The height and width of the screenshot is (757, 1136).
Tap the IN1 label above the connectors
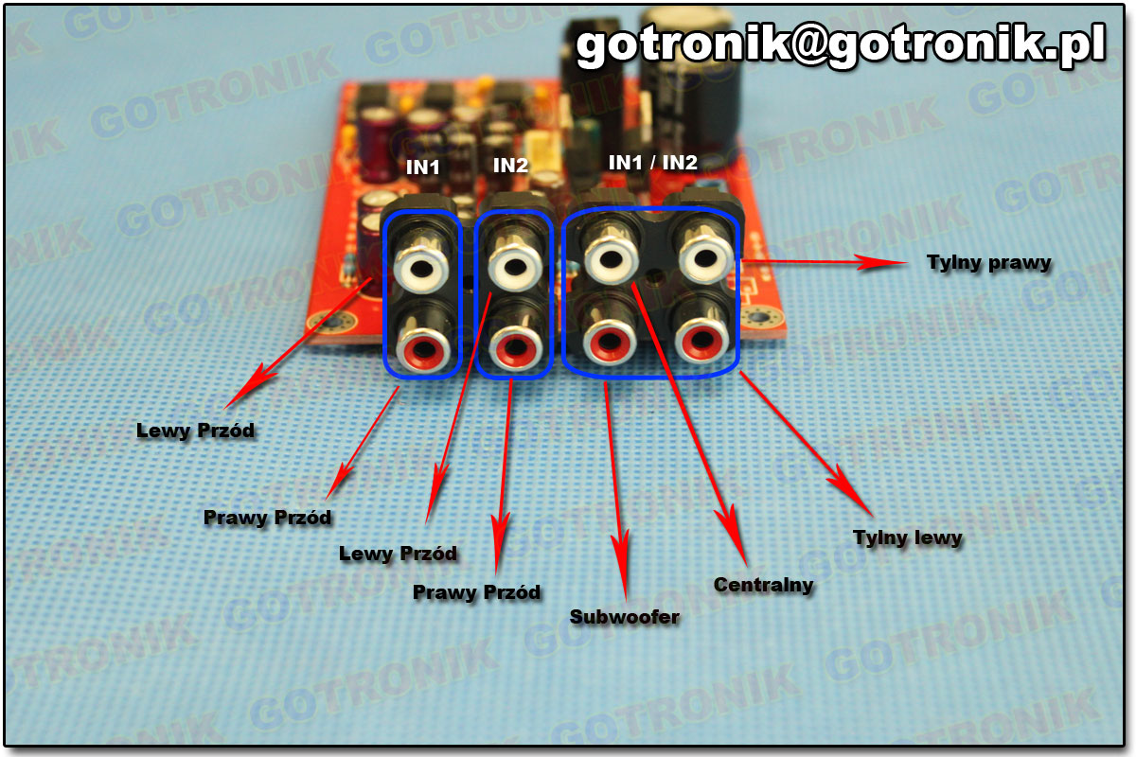[x=423, y=167]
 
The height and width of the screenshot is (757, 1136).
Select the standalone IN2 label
[x=510, y=166]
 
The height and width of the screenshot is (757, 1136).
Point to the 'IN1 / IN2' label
[x=652, y=163]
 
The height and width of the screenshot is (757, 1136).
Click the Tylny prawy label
[x=989, y=262]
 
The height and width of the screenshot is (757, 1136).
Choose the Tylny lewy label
[x=907, y=537]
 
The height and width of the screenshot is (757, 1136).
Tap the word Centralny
[x=763, y=585]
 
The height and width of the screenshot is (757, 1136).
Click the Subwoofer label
[x=624, y=617]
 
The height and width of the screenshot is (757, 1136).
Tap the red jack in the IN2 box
[x=512, y=343]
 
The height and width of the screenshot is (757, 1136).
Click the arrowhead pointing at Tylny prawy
[x=885, y=262]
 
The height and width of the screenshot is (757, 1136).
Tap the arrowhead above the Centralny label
[x=731, y=525]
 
